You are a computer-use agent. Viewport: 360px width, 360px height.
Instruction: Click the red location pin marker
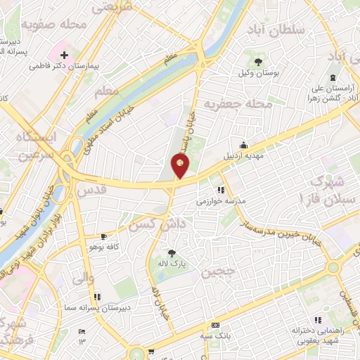coord(181,166)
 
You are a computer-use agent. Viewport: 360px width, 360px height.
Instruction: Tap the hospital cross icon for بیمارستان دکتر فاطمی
coord(64,54)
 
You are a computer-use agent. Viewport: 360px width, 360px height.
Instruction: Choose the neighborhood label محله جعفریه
coord(238,104)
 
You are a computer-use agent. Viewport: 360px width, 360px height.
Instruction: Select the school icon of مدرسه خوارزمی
coord(221,190)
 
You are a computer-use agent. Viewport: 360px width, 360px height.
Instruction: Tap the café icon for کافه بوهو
coord(104,236)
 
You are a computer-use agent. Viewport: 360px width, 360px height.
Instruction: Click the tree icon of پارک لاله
coord(172,253)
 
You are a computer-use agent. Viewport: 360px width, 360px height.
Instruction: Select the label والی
coord(82,278)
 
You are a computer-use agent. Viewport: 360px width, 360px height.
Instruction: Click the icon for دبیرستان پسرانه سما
coord(97,297)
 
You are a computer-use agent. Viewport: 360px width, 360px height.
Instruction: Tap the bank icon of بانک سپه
coord(215,325)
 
